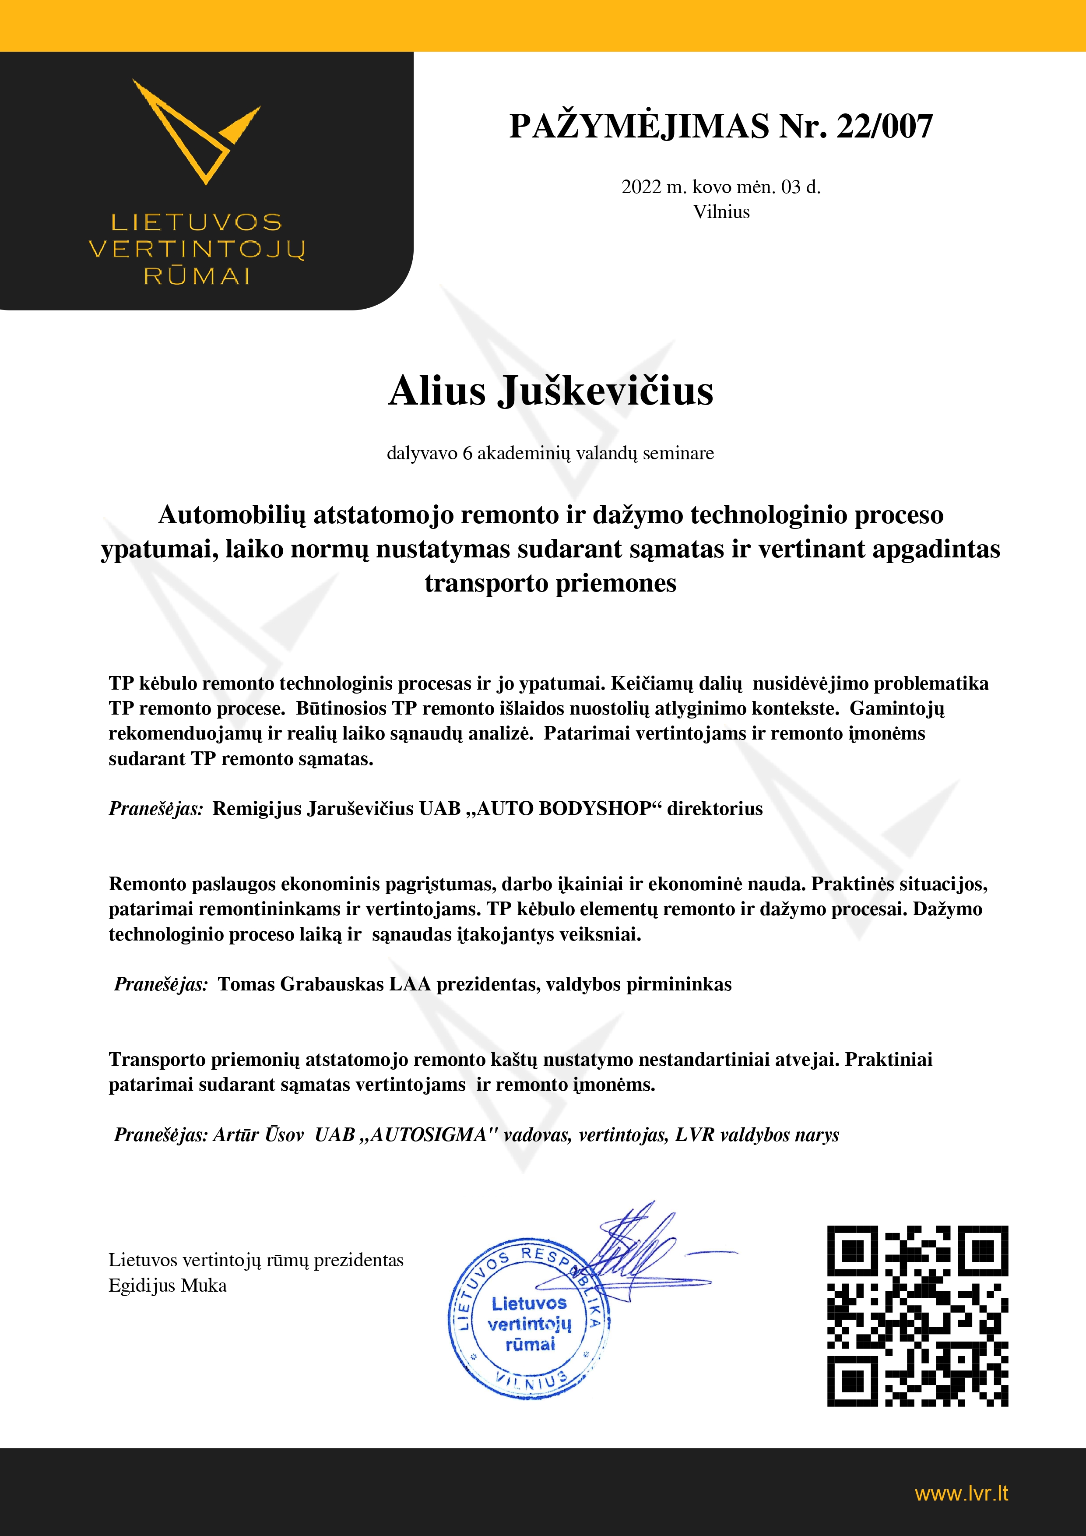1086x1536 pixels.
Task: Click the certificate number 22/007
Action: tap(884, 126)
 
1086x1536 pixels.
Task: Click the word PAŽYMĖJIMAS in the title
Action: tap(639, 126)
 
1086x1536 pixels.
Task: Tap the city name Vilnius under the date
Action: tap(721, 212)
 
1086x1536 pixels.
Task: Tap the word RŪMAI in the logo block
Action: tap(197, 276)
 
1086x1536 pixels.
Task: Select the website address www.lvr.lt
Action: tap(961, 1493)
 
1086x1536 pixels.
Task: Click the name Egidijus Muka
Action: tap(168, 1286)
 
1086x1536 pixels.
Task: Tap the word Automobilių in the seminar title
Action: tap(232, 515)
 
